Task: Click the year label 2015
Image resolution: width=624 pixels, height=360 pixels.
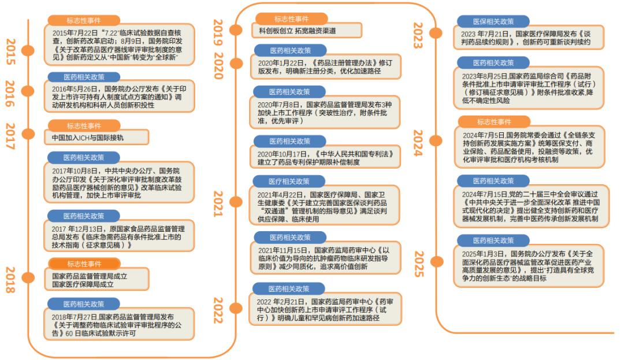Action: (x=11, y=51)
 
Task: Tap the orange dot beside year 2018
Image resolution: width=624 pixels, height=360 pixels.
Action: (x=28, y=277)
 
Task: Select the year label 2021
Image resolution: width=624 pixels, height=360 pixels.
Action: (x=218, y=203)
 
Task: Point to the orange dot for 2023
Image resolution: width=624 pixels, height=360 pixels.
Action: (x=436, y=33)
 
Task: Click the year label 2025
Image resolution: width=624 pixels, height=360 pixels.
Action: (x=419, y=263)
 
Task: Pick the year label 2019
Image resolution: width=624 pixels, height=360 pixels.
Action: (x=218, y=32)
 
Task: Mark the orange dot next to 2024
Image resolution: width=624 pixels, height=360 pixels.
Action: (x=436, y=140)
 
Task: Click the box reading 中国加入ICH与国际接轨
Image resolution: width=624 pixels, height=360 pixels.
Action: (x=96, y=137)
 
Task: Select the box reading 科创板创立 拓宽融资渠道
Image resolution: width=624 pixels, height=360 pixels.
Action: (x=306, y=30)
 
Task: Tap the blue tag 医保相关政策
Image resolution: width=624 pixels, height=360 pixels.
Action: (x=493, y=21)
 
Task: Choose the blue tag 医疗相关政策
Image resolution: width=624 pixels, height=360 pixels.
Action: (x=289, y=181)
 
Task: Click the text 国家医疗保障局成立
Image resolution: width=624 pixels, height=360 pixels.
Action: (x=83, y=284)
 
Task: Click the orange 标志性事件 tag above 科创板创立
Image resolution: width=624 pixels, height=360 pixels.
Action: (x=291, y=18)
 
